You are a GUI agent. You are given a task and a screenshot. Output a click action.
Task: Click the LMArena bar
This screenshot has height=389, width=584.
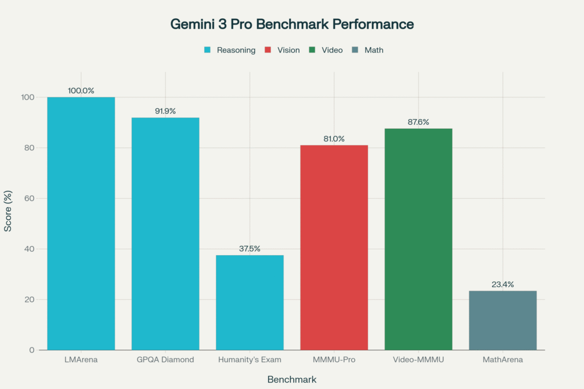pos(81,223)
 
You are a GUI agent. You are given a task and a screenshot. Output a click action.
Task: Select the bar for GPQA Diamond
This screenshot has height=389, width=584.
pos(165,234)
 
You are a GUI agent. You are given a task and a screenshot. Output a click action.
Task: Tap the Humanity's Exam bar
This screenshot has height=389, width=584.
pos(250,302)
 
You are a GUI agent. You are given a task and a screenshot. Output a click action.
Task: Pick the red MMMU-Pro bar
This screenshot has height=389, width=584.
pos(334,247)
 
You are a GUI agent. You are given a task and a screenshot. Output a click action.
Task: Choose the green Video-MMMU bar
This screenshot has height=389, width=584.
pos(419,239)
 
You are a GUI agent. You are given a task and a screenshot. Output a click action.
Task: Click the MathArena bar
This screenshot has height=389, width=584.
pos(503,320)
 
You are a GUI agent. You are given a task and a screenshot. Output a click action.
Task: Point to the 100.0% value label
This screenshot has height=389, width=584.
pos(81,91)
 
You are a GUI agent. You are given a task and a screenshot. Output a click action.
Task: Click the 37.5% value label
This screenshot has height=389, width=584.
pos(250,248)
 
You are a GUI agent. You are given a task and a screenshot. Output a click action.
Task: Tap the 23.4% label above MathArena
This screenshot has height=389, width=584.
pos(503,284)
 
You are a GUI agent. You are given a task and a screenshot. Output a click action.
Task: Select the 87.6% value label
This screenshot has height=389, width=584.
pos(419,122)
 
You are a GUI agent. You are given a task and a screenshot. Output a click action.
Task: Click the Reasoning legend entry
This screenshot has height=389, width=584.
pos(230,50)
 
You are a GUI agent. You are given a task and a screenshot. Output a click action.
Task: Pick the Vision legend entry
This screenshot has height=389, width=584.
pos(283,50)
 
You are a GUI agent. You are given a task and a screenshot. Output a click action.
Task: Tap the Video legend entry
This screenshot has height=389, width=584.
pos(327,50)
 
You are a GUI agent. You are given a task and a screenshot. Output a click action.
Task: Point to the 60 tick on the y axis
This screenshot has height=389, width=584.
pos(30,198)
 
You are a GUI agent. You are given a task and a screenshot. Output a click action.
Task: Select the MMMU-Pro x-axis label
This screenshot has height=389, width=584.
pos(334,360)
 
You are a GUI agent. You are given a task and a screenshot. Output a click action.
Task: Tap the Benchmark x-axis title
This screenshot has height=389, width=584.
pos(292,379)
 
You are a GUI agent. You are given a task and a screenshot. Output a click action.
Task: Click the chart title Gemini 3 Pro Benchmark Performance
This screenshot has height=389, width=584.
pos(292,24)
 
